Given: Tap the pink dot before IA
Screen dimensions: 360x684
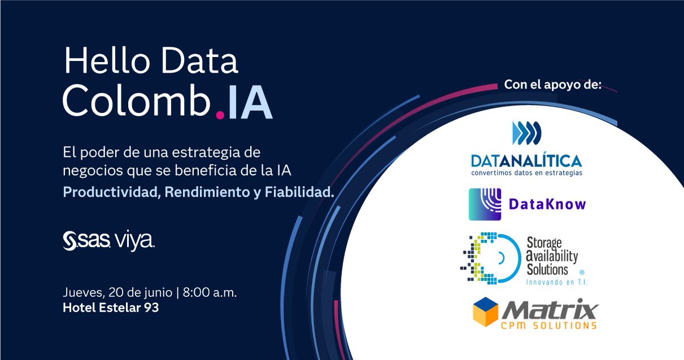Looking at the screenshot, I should point(220,116).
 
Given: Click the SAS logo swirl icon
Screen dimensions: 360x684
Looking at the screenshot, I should point(72,240).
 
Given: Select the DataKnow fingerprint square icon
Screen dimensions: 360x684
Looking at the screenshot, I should point(484,204).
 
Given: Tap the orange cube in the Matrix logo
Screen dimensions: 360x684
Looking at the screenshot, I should point(488,312).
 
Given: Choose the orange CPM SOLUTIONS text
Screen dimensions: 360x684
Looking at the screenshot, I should point(551,325).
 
